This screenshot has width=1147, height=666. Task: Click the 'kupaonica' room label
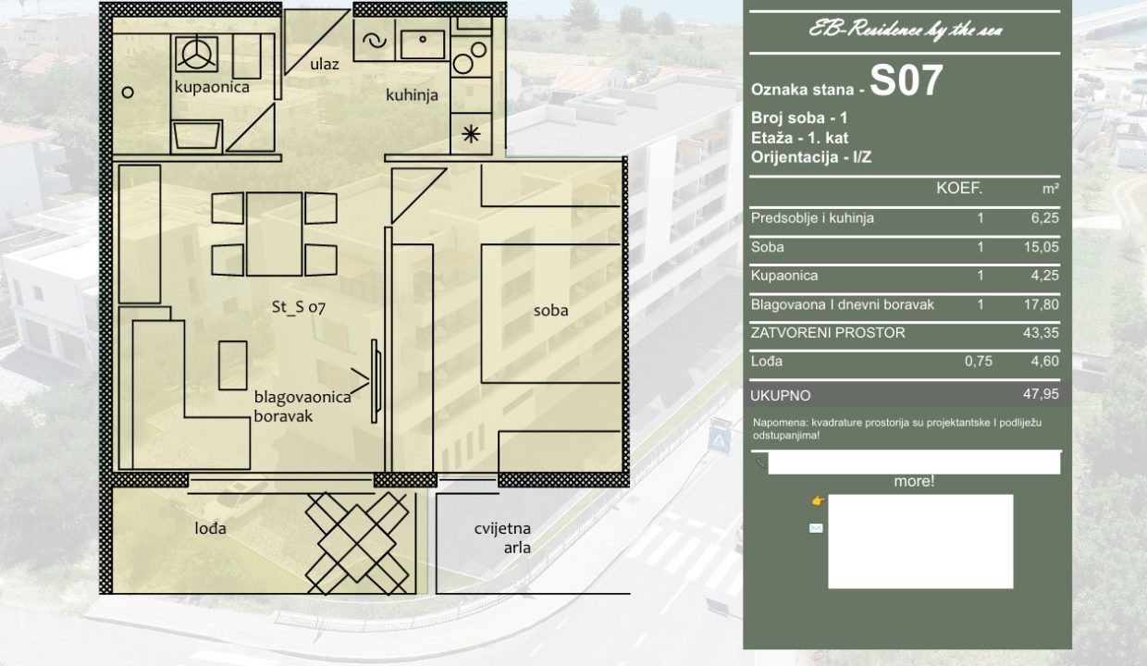pyautogui.click(x=212, y=87)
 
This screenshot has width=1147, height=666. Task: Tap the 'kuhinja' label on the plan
pyautogui.click(x=412, y=95)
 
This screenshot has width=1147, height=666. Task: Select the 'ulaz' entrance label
pyautogui.click(x=324, y=64)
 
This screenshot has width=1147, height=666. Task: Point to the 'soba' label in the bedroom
pyautogui.click(x=550, y=310)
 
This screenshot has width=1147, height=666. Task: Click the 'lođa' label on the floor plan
pyautogui.click(x=211, y=528)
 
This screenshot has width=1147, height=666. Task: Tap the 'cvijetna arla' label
pyautogui.click(x=503, y=538)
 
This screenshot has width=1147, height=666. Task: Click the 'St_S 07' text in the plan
pyautogui.click(x=298, y=307)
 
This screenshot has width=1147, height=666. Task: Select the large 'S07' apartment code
pyautogui.click(x=906, y=80)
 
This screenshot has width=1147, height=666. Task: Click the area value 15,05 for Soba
pyautogui.click(x=1041, y=247)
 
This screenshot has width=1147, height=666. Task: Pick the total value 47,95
pyautogui.click(x=1041, y=394)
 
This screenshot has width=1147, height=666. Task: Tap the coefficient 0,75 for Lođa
pyautogui.click(x=978, y=362)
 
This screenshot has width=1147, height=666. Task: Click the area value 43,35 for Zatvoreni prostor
pyautogui.click(x=1041, y=333)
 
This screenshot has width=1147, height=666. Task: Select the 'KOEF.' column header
pyautogui.click(x=959, y=189)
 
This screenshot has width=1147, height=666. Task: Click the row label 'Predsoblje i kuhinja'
pyautogui.click(x=812, y=218)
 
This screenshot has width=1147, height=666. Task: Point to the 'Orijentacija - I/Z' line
pyautogui.click(x=811, y=157)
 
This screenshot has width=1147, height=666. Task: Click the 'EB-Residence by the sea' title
pyautogui.click(x=906, y=30)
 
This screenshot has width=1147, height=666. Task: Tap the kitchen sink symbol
pyautogui.click(x=423, y=44)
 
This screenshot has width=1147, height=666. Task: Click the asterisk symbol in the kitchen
pyautogui.click(x=471, y=134)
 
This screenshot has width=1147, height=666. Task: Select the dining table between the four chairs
pyautogui.click(x=274, y=234)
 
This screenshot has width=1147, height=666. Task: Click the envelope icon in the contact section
pyautogui.click(x=816, y=528)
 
